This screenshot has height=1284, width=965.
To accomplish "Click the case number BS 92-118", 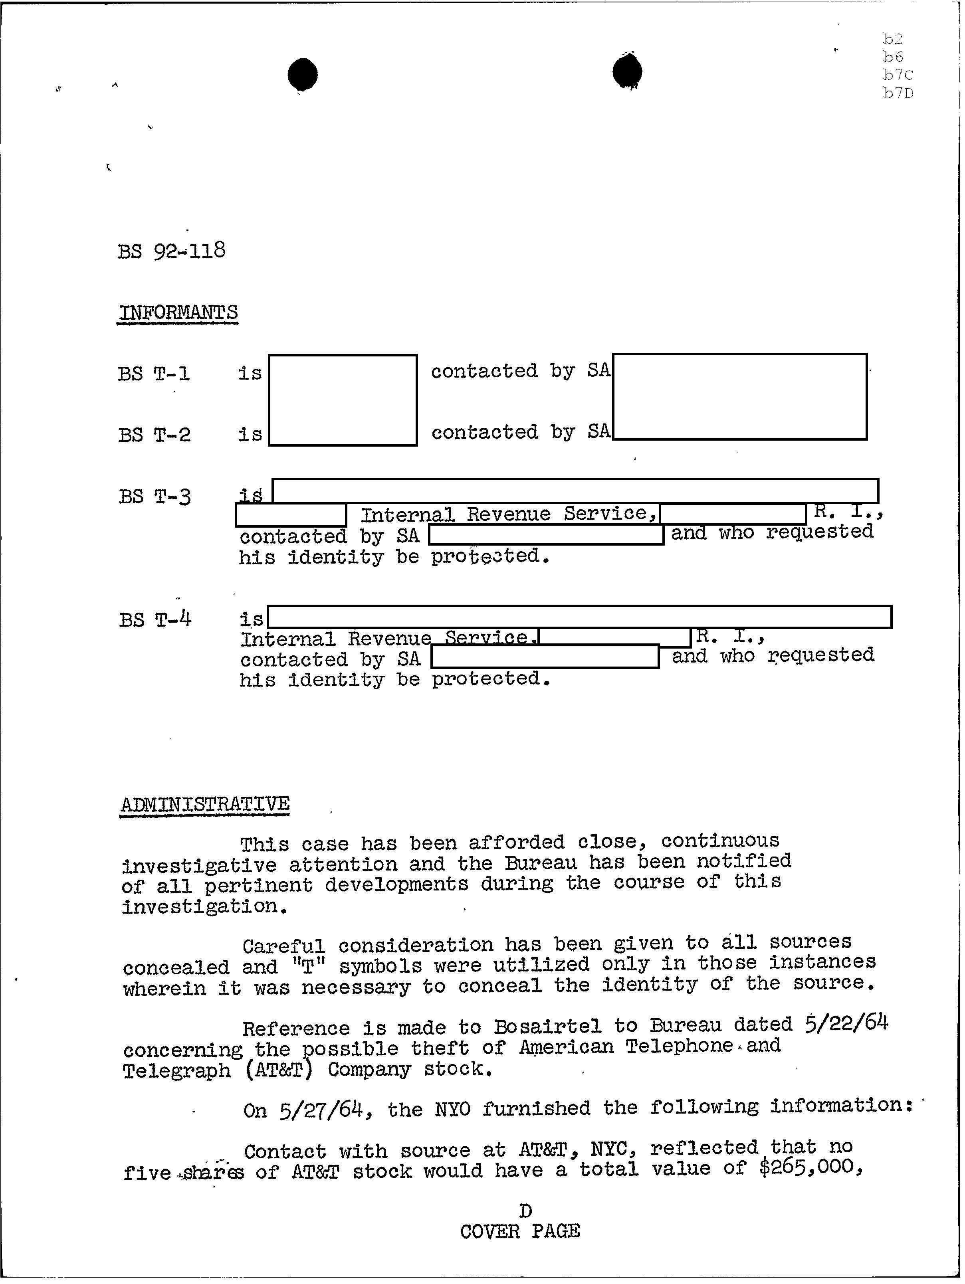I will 171,251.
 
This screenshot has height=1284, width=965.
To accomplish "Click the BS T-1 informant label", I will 154,373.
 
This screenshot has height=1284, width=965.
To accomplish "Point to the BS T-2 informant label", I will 154,435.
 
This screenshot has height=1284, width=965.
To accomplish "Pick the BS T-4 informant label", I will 155,620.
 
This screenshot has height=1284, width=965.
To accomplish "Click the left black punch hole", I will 303,74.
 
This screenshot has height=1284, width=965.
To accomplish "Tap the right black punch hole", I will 627,72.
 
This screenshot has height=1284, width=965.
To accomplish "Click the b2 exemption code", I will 893,39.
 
